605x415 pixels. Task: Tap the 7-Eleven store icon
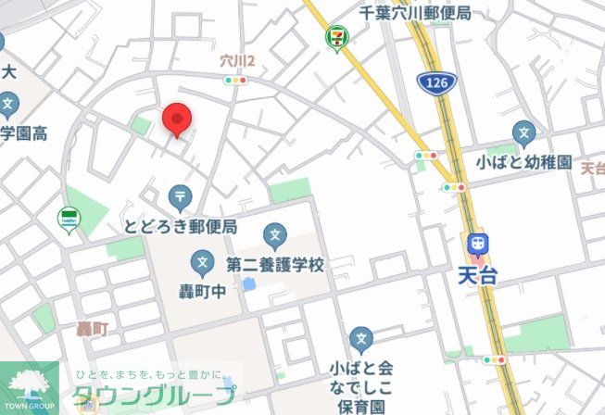333,38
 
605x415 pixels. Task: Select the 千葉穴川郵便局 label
416,14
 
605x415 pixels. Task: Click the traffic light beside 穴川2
236,81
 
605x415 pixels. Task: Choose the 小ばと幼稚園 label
524,162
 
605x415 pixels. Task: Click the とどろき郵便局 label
181,227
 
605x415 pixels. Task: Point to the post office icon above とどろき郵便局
180,196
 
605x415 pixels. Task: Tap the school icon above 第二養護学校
274,235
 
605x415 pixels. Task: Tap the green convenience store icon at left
68,220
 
